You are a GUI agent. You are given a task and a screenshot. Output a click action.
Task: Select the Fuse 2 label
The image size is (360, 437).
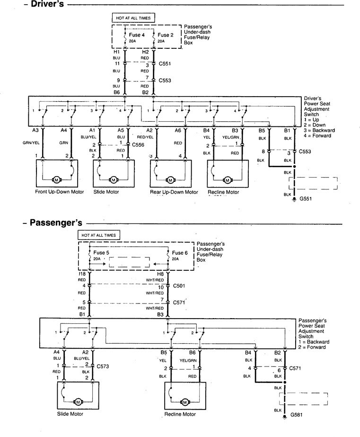coord(166,35)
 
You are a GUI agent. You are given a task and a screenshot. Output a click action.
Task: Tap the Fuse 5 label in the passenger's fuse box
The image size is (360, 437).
coord(102,252)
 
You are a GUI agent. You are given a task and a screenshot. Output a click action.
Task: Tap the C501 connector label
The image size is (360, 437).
coord(179,286)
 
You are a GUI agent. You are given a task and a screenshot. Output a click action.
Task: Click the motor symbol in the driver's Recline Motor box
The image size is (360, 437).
coord(227,180)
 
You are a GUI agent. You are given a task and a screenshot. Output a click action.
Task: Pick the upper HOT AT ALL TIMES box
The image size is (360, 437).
coord(132,18)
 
